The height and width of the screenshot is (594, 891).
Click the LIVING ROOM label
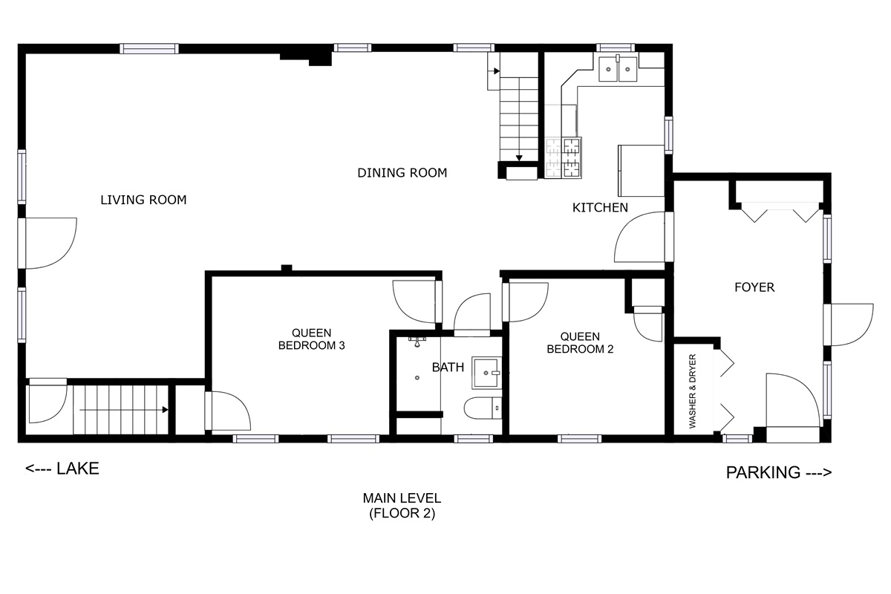(143, 200)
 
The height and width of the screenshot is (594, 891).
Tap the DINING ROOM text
(402, 173)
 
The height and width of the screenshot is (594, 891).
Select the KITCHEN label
(600, 207)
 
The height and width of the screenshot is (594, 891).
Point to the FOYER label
(754, 287)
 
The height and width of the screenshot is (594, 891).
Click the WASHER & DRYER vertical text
(693, 391)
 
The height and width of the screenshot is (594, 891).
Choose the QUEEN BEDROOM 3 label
(311, 339)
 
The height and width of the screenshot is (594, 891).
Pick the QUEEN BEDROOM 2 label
(580, 342)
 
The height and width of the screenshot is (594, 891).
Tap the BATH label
(448, 368)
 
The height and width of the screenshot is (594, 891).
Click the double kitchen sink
(618, 68)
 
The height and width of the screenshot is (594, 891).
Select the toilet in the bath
(483, 408)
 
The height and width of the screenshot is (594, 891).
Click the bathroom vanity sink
(486, 373)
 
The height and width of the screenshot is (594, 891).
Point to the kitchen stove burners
(564, 157)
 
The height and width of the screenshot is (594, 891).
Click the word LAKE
(78, 469)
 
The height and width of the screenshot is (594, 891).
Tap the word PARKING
(763, 473)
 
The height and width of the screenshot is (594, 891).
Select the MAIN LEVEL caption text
(402, 506)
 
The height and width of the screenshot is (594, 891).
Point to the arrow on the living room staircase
(124, 410)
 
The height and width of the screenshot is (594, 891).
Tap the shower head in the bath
(417, 342)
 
